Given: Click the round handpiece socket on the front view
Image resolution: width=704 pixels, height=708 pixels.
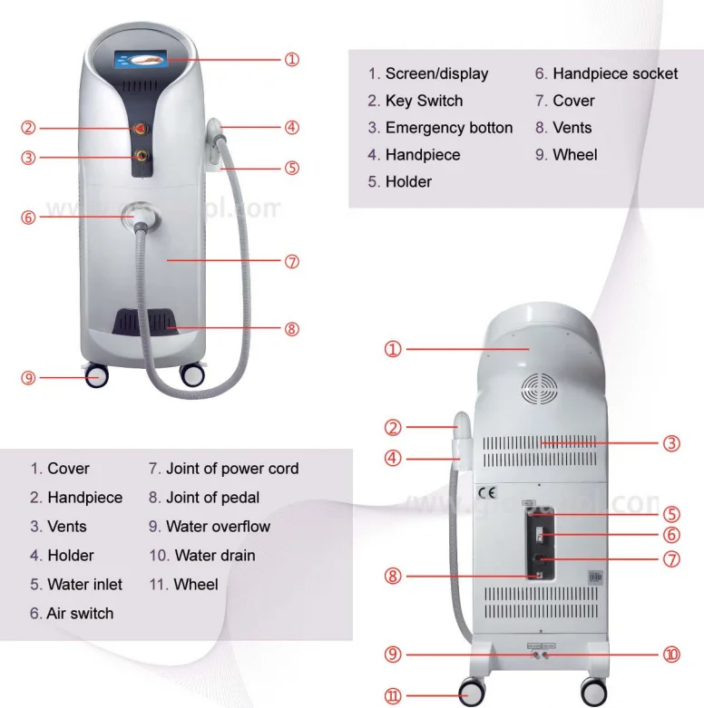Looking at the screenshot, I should pyautogui.click(x=142, y=216).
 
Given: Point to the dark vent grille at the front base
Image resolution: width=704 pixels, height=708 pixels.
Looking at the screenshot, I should pyautogui.click(x=144, y=324).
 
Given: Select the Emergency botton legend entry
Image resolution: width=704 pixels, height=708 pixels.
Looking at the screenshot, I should pyautogui.click(x=448, y=128).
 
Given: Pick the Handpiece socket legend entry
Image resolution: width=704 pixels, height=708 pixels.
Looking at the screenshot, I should pyautogui.click(x=615, y=74).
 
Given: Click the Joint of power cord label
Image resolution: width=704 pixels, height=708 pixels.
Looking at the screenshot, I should pyautogui.click(x=231, y=469).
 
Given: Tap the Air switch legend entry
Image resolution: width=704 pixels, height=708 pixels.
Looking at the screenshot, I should pyautogui.click(x=80, y=614).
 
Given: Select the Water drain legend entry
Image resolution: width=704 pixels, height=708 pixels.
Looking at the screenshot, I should pyautogui.click(x=214, y=556).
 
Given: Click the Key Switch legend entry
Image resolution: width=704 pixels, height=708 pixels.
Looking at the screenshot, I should pyautogui.click(x=424, y=101).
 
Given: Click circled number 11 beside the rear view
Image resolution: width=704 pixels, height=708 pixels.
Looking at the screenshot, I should pyautogui.click(x=393, y=696).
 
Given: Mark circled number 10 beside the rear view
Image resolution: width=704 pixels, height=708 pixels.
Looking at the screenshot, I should pyautogui.click(x=671, y=654).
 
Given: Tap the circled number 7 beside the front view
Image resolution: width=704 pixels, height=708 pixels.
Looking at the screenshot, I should pyautogui.click(x=291, y=262).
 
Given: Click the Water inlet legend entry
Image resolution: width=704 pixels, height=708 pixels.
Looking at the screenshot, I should pyautogui.click(x=84, y=585).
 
